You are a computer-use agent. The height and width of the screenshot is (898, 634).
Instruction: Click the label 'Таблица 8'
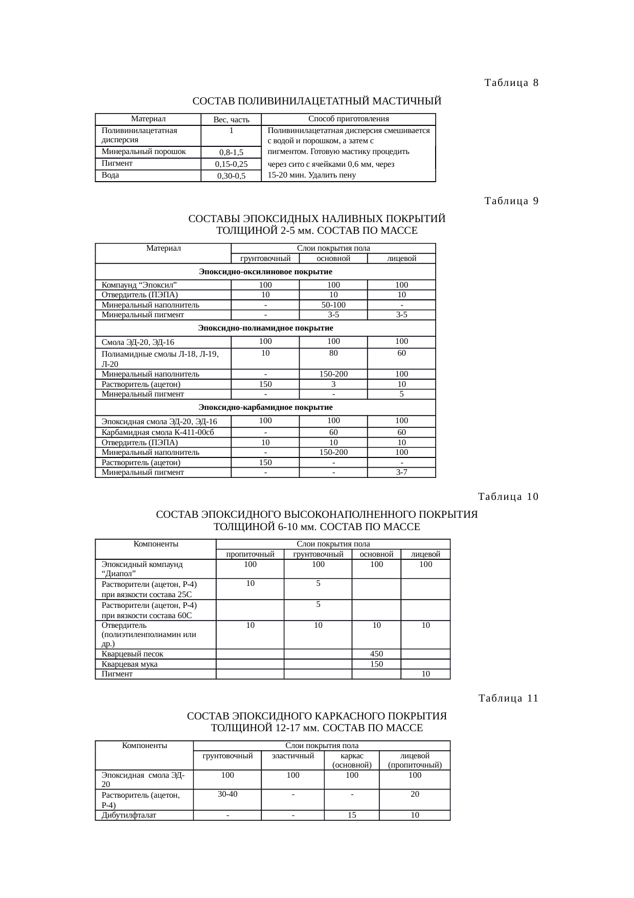(511, 83)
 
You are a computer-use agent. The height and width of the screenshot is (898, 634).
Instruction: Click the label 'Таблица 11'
(508, 698)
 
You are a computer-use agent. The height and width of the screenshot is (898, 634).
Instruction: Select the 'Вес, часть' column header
(231, 120)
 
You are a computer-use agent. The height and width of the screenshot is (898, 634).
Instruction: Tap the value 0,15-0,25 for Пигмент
(231, 164)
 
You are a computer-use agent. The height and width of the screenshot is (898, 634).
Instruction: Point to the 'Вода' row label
(110, 175)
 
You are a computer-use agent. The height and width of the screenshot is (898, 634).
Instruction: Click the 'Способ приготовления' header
(349, 119)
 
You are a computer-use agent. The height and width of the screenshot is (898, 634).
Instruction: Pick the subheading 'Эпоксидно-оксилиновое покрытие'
(265, 271)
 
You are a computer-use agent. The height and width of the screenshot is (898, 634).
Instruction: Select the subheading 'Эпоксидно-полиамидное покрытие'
(265, 327)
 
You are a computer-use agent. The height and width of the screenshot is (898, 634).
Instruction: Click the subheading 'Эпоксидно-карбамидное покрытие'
(265, 407)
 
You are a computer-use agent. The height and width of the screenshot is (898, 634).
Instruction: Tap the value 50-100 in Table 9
(333, 305)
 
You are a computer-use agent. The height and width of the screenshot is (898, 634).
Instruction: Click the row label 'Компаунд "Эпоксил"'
(140, 284)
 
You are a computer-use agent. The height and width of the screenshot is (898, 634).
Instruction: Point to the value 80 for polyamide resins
(333, 353)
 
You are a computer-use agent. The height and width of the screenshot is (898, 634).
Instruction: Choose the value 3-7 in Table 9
(401, 472)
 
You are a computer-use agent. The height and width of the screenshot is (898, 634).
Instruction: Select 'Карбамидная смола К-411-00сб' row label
(157, 432)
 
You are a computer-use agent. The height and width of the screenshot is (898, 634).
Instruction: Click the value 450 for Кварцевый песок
(376, 654)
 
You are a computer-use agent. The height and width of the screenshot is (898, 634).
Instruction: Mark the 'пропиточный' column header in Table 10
(250, 554)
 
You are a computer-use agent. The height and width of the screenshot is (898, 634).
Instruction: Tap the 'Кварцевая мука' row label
(130, 664)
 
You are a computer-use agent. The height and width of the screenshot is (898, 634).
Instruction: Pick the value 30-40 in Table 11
(228, 795)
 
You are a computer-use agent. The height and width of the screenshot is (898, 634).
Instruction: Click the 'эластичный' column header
(292, 756)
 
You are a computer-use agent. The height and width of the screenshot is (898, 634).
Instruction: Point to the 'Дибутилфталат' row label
(129, 815)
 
